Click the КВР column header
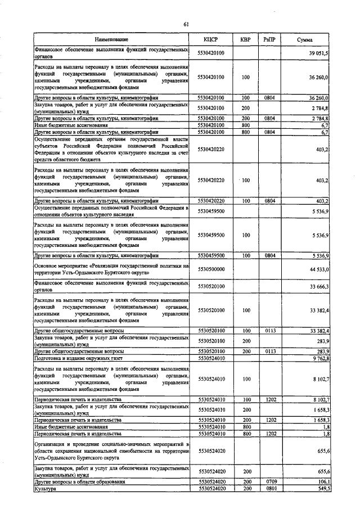click(245, 39)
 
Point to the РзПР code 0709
click(270, 482)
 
